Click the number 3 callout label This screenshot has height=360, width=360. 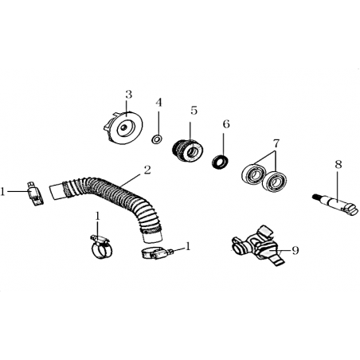click(x=128, y=95)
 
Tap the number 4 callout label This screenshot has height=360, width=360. click(x=158, y=103)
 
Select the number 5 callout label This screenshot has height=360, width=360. click(x=194, y=110)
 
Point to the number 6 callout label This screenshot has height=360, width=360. click(x=226, y=124)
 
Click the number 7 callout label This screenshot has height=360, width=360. click(x=276, y=143)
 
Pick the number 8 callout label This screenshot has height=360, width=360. click(x=338, y=165)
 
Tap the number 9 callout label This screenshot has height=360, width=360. click(x=295, y=250)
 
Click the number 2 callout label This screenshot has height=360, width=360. click(x=147, y=170)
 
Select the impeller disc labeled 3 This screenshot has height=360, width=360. click(x=123, y=127)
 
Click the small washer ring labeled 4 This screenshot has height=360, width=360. click(x=157, y=139)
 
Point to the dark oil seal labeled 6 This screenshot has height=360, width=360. click(x=221, y=162)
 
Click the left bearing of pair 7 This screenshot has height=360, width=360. click(x=254, y=174)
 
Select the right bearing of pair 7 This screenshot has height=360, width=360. click(x=275, y=182)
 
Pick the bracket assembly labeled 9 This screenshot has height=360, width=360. click(x=259, y=246)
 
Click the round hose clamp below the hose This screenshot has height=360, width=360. click(x=101, y=247)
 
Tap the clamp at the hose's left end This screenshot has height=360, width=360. click(x=36, y=194)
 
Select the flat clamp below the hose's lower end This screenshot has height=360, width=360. click(x=156, y=253)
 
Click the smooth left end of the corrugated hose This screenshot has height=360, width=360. click(x=57, y=191)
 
